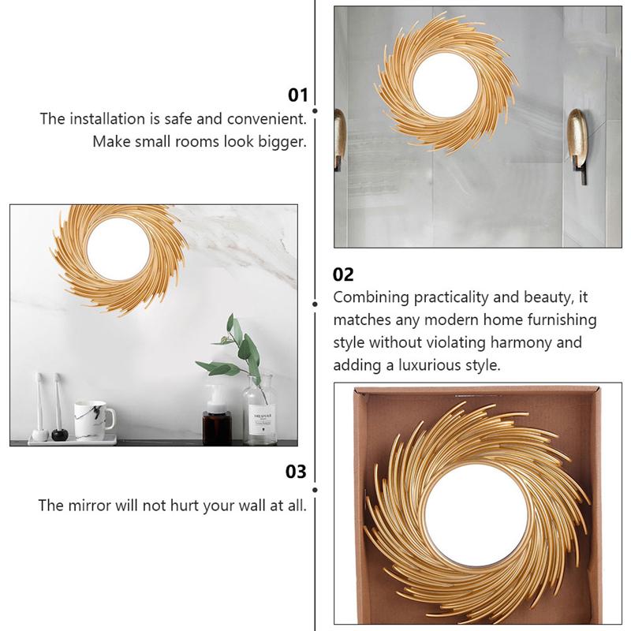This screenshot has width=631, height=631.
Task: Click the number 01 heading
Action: click(x=297, y=95)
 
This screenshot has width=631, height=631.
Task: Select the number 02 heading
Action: click(x=344, y=274)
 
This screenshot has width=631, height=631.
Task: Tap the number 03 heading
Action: click(x=296, y=472)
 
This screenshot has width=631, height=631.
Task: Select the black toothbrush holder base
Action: click(x=60, y=434)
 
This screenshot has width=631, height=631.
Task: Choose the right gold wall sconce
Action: click(x=577, y=136)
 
